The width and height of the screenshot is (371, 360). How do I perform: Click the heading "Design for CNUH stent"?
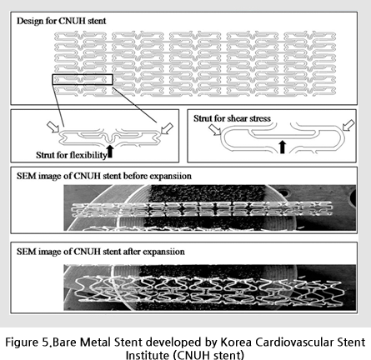62,21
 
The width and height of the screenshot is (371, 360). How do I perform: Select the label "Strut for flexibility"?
72,155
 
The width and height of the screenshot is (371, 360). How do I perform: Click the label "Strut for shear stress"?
232,118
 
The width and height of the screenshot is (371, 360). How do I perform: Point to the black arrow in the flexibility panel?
110,152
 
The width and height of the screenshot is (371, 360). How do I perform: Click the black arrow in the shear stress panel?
283,147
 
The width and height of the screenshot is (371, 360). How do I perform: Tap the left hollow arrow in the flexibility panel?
53,127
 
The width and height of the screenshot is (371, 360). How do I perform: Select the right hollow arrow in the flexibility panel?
167,128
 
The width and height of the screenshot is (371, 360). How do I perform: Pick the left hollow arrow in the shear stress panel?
215,130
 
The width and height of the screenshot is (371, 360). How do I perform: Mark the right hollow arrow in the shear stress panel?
348,125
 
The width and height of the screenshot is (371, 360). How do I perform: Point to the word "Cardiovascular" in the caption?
294,342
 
